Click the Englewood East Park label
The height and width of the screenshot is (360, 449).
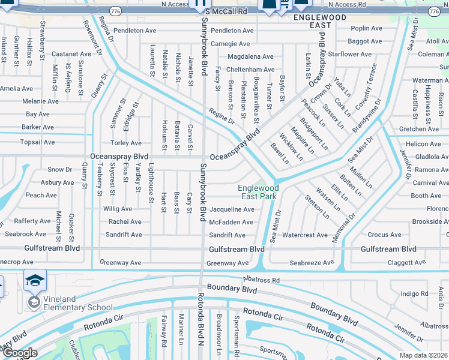pos(259,192)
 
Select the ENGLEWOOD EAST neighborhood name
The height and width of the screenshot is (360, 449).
pos(321,22)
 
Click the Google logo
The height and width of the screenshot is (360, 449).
pos(20,353)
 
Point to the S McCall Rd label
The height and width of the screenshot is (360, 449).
pos(226,11)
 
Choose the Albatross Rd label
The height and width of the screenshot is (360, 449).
pos(261,280)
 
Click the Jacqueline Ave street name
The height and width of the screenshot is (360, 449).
pos(232,210)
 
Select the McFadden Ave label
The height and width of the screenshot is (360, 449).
pos(231,222)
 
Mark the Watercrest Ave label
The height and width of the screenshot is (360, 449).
pos(305,235)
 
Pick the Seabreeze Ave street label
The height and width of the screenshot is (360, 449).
pos(312,263)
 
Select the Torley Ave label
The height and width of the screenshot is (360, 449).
pos(126,143)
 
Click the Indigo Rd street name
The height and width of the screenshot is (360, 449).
pos(414,293)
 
